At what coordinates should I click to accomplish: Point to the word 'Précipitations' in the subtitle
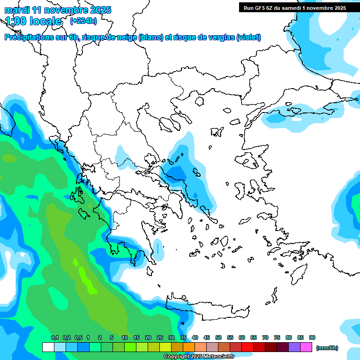pyautogui.click(x=29, y=37)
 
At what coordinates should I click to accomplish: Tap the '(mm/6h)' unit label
pyautogui.click(x=327, y=348)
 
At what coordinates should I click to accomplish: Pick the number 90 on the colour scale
pyautogui.click(x=312, y=337)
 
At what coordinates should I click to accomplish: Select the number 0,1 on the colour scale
pyautogui.click(x=55, y=337)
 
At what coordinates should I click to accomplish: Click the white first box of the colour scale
pyautogui.click(x=48, y=347)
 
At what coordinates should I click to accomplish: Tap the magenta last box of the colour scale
pyautogui.click(x=306, y=347)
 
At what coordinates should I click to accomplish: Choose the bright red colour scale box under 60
pyautogui.click(x=247, y=347)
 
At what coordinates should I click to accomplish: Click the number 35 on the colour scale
pyautogui.click(x=183, y=337)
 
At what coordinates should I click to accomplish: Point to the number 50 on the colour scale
pyautogui.click(x=218, y=337)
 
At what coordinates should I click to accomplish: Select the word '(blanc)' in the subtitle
pyautogui.click(x=151, y=37)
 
